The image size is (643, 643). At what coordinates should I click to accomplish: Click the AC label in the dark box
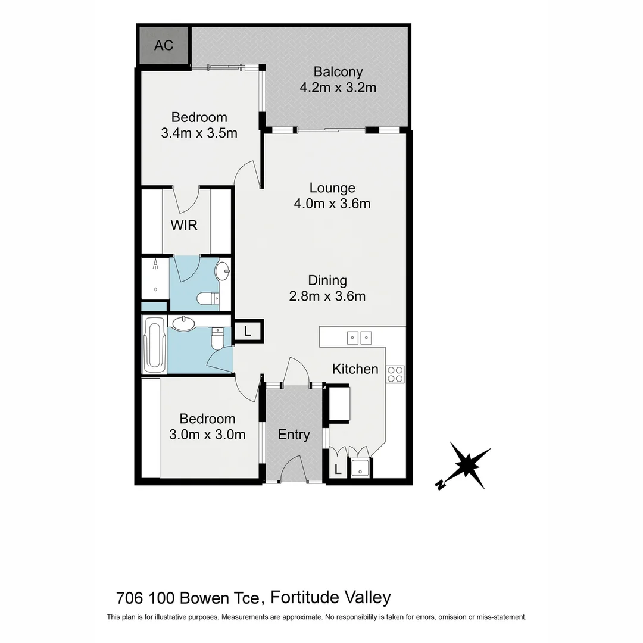click(164, 45)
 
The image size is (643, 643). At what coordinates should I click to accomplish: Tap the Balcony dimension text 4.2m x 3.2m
click(338, 88)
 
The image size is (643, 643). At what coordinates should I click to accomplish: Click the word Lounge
click(332, 188)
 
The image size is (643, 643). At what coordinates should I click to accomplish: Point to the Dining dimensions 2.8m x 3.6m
click(327, 296)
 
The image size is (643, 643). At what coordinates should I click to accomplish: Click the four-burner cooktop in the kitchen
click(395, 374)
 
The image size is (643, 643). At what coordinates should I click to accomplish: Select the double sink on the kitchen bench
click(360, 338)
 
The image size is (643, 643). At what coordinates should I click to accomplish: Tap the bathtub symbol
click(154, 345)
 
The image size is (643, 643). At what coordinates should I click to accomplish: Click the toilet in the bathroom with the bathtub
click(218, 341)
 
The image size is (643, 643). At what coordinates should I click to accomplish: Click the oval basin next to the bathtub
click(182, 323)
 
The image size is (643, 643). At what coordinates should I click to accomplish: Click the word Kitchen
click(355, 369)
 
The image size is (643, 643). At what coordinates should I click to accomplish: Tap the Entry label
click(294, 435)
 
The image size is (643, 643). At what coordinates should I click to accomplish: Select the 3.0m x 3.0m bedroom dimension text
click(207, 435)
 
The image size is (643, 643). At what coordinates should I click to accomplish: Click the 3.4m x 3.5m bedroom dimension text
click(199, 133)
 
